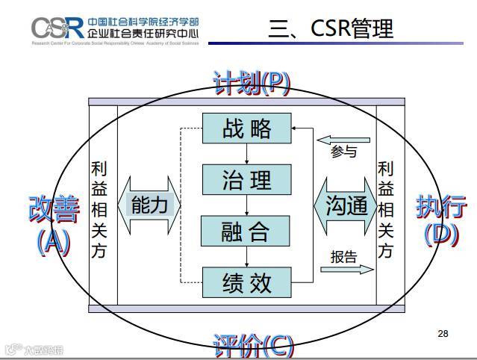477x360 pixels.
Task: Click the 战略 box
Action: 246,128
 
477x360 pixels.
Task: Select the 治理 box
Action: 246,179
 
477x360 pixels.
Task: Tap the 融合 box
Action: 246,231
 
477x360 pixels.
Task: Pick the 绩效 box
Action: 246,282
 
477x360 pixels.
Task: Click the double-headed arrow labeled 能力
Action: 149,205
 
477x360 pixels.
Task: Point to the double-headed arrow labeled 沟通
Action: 346,205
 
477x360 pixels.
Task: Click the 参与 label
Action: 343,152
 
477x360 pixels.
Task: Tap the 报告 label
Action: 343,258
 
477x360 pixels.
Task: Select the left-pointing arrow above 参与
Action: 343,140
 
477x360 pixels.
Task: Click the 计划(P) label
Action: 252,83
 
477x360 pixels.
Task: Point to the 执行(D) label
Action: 441,219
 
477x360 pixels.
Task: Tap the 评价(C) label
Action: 252,345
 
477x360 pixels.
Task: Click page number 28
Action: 443,333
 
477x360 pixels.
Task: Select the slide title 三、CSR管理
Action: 330,28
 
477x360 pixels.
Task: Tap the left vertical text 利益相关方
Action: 99,210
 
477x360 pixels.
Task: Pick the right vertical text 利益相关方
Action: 385,210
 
